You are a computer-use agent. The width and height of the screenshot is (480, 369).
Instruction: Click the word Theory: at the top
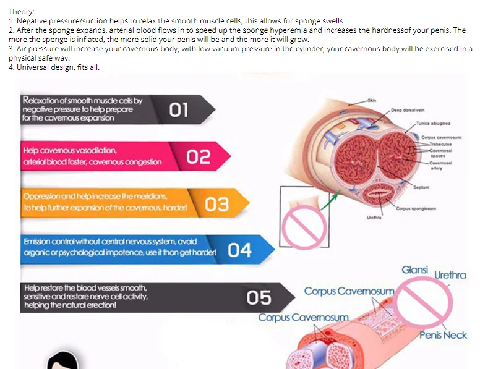[x=22, y=12]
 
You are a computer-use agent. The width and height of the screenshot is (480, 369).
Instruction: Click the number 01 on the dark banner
[x=179, y=110]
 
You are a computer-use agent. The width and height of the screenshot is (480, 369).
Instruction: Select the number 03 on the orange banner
[x=216, y=204]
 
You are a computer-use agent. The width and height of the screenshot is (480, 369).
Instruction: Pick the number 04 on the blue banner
[x=239, y=250]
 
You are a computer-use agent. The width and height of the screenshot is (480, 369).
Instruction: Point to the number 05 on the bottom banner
[x=259, y=298]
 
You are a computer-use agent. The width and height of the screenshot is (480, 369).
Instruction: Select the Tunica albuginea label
[x=432, y=123]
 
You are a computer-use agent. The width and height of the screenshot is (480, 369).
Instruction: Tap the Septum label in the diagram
[x=422, y=186]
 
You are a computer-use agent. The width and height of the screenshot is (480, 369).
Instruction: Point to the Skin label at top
[x=371, y=100]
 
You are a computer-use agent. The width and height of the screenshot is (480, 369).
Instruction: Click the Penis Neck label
[x=443, y=335]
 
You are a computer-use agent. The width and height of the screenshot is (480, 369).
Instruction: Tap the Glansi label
[x=414, y=270]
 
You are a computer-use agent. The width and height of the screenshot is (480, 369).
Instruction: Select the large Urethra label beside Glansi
[x=450, y=275]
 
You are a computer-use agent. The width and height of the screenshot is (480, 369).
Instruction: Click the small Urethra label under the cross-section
[x=374, y=218]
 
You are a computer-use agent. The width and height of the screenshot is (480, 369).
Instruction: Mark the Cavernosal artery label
[x=441, y=164]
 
